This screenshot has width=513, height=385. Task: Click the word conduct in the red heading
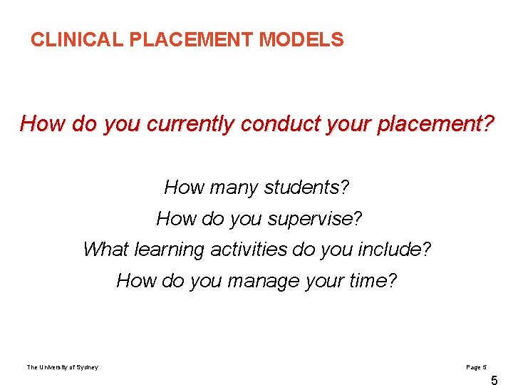[276, 124]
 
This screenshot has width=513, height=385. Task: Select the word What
[106, 250]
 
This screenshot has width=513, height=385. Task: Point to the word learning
[167, 250]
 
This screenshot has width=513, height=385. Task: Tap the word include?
[396, 250]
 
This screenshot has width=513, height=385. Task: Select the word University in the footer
[56, 367]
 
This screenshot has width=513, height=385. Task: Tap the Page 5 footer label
[475, 367]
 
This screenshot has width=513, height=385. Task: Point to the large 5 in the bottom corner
[494, 381]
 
